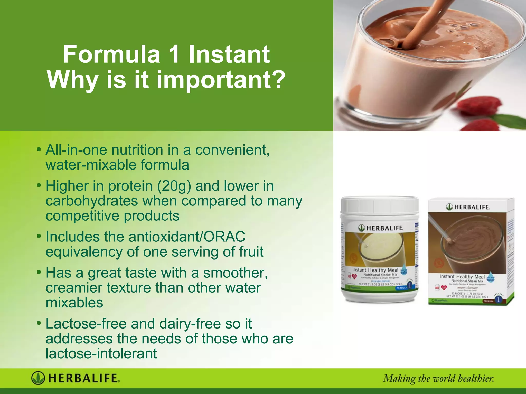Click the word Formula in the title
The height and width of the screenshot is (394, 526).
pyautogui.click(x=112, y=54)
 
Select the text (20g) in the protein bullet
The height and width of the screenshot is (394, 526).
pyautogui.click(x=174, y=186)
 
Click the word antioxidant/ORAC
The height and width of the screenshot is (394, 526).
pyautogui.click(x=187, y=237)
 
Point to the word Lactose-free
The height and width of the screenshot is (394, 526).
pyautogui.click(x=86, y=324)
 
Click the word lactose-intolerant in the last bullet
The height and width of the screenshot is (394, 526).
pyautogui.click(x=101, y=353)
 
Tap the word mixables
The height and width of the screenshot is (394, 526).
pyautogui.click(x=74, y=303)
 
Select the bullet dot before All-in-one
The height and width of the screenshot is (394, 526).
pyautogui.click(x=39, y=149)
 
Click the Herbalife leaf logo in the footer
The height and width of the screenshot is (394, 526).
pyautogui.click(x=38, y=378)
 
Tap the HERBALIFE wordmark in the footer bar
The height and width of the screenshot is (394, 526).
pyautogui.click(x=84, y=378)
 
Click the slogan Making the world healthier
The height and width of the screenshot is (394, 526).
pyautogui.click(x=438, y=379)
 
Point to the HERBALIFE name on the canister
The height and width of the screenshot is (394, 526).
pyautogui.click(x=384, y=228)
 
